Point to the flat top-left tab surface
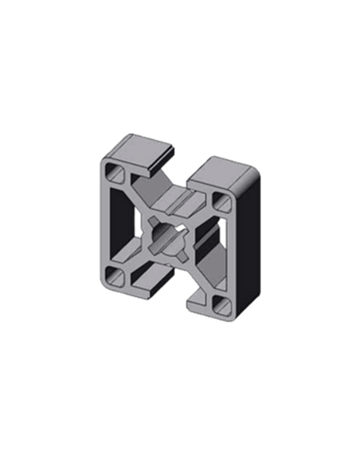coord(144,147)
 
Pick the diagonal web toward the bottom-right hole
coord(198,275)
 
